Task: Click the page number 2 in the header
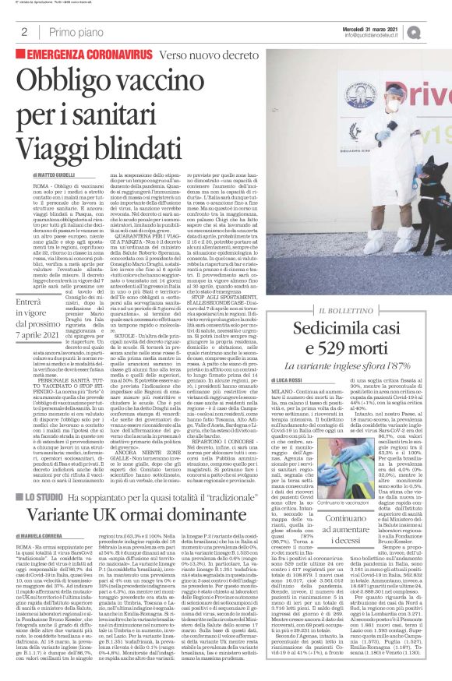pos(24,32)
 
